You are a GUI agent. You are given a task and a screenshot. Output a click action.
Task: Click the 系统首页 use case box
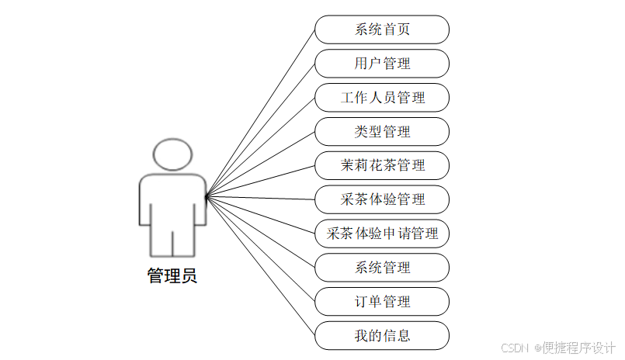382,30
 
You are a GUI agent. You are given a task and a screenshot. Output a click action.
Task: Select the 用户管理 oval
382,64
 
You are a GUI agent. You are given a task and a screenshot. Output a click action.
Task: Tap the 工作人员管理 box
382,98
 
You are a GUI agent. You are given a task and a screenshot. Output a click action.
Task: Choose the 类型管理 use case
382,132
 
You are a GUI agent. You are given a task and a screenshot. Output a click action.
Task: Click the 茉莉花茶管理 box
382,165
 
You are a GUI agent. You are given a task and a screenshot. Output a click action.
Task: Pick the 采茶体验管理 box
382,199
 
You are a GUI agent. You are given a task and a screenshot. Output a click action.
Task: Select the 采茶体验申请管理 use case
382,234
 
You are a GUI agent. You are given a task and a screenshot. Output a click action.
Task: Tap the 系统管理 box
382,268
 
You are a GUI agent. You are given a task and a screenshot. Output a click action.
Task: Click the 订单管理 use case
382,302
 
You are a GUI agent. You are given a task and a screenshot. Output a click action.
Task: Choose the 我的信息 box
382,335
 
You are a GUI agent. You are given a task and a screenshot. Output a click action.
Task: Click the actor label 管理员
172,276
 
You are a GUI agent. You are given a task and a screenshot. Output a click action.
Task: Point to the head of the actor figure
172,154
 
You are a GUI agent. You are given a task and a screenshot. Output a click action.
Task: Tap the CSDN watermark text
515,348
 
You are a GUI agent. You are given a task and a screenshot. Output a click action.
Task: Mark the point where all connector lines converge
207,197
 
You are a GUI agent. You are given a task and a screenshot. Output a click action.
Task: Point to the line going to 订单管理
260,249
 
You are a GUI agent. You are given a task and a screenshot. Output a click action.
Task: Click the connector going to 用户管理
260,131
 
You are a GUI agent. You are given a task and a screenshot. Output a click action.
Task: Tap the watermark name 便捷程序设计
579,348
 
